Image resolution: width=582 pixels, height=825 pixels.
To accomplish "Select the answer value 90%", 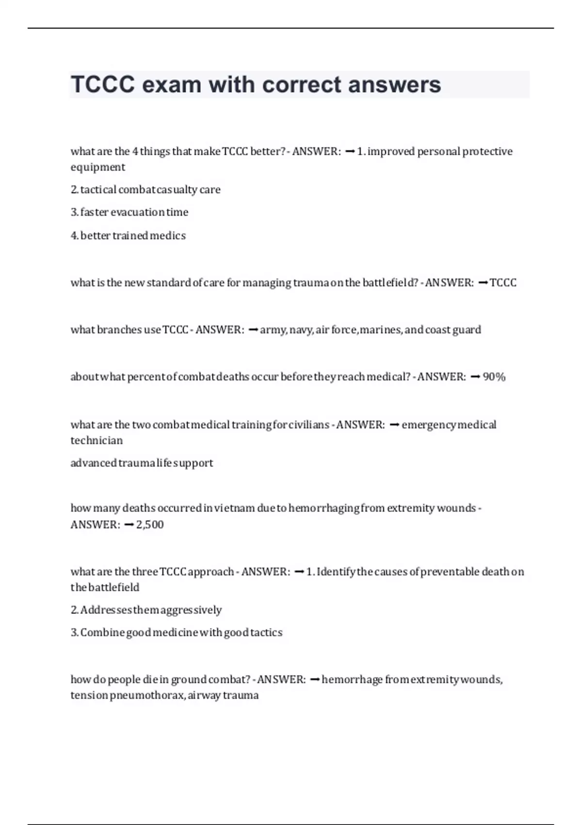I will (494, 377).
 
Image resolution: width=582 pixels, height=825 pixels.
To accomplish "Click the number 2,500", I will (150, 525).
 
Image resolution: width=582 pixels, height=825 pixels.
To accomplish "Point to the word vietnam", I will (234, 508).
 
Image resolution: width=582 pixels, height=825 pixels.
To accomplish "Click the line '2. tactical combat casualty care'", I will (145, 190).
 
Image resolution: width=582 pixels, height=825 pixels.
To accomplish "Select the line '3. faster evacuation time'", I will (129, 212).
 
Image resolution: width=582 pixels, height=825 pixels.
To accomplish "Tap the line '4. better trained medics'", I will (128, 236).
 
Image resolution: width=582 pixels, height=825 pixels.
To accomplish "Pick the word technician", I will (97, 441).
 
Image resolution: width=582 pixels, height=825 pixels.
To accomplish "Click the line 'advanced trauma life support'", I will (142, 463).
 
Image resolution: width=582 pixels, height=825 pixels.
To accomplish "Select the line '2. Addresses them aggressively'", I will (146, 610).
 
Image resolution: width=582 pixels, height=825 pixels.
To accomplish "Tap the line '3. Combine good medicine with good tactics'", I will (176, 633).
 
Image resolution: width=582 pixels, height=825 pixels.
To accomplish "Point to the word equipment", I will (97, 167).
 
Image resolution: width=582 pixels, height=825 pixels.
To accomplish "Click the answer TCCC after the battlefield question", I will (503, 283).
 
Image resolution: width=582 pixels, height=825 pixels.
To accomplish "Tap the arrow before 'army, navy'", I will (253, 330).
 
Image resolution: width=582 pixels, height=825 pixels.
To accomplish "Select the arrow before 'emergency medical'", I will (394, 425).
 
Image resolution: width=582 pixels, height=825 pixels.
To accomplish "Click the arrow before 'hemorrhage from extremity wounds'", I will (314, 679).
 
